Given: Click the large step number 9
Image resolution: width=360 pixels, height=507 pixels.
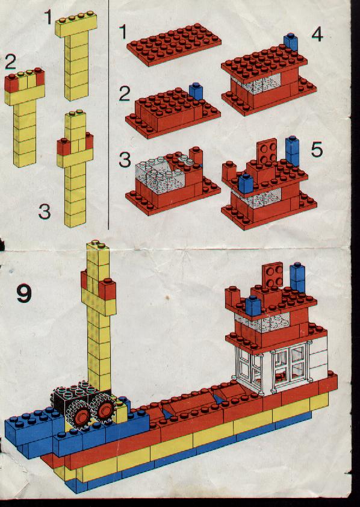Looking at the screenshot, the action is (x=24, y=293).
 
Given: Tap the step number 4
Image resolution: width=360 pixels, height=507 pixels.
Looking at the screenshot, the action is (x=317, y=34).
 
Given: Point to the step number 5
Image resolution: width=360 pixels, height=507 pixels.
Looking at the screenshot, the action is (x=317, y=149).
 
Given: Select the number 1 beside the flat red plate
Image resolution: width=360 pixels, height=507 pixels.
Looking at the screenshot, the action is (x=123, y=32).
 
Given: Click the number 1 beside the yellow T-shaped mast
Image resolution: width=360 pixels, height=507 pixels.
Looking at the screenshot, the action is (x=48, y=17).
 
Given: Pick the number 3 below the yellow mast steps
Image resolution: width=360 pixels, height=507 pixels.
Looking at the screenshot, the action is (x=45, y=212).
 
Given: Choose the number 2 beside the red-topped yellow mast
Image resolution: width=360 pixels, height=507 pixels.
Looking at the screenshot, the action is (x=10, y=62).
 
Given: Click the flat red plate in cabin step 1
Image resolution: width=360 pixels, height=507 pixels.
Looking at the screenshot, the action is (x=174, y=45).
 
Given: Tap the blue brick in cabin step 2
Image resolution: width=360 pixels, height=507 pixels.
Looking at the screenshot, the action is (x=196, y=91).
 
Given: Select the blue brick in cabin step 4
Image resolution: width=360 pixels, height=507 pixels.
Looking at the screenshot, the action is (x=291, y=42).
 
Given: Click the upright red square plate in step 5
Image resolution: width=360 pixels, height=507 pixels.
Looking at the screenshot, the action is (x=267, y=151).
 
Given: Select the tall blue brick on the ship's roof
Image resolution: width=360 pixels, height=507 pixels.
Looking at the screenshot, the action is (x=297, y=277).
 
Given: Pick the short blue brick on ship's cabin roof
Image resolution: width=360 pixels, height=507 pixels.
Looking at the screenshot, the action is (x=253, y=305).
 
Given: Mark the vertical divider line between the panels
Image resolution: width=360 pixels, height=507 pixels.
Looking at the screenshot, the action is (x=108, y=114).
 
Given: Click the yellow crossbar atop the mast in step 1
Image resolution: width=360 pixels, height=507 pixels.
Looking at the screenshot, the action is (x=76, y=24).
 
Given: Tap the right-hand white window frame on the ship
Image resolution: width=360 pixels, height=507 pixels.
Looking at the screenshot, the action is (x=291, y=364).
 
